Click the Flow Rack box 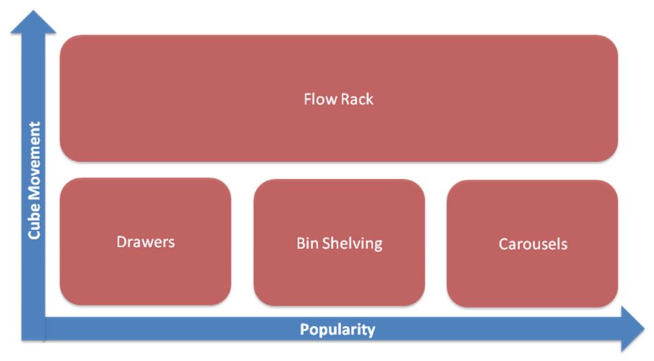point(338,99)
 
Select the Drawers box point(145,242)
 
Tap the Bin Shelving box point(339,243)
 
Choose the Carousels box point(532,244)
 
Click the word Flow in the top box point(320,99)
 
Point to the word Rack point(357,99)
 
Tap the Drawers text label point(146,242)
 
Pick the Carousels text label point(533,244)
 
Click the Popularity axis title point(338,330)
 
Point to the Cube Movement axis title point(34,180)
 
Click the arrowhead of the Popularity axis point(633,329)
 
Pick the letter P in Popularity point(305,329)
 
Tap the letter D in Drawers point(121,242)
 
